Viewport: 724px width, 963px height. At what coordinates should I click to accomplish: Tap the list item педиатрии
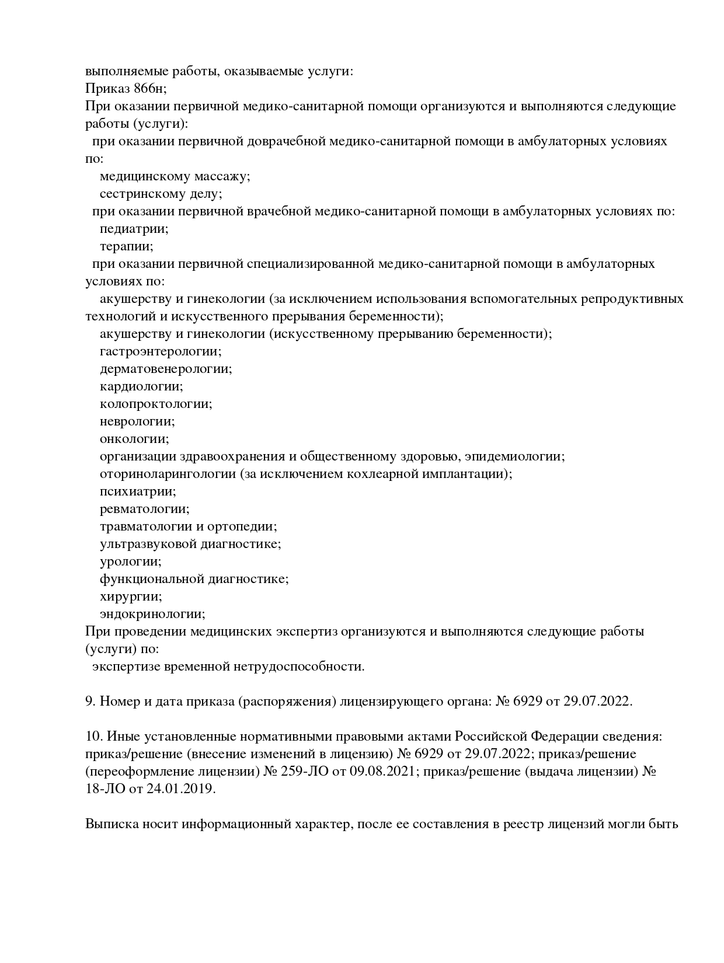point(134,229)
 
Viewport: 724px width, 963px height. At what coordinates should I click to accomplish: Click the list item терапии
point(126,246)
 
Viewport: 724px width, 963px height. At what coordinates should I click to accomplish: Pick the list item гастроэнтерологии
point(161,351)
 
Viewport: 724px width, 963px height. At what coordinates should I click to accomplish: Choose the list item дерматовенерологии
point(166,369)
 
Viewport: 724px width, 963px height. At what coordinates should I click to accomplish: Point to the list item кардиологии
point(141,386)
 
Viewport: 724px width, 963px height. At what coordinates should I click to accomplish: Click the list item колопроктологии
point(156,404)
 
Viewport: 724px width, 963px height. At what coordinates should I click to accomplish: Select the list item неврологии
point(137,421)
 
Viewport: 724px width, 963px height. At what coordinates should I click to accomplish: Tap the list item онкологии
point(134,439)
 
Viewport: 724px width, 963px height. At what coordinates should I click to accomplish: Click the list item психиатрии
point(138,491)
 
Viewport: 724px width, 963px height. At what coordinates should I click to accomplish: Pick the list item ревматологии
point(144,509)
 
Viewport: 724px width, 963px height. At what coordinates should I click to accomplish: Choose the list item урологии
point(130,561)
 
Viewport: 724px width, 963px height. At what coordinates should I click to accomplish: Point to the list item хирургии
point(131,596)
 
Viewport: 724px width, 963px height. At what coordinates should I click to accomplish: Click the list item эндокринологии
point(152,614)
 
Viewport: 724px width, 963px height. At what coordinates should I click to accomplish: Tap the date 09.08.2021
point(382,772)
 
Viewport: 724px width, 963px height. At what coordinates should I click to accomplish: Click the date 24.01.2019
point(177,789)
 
